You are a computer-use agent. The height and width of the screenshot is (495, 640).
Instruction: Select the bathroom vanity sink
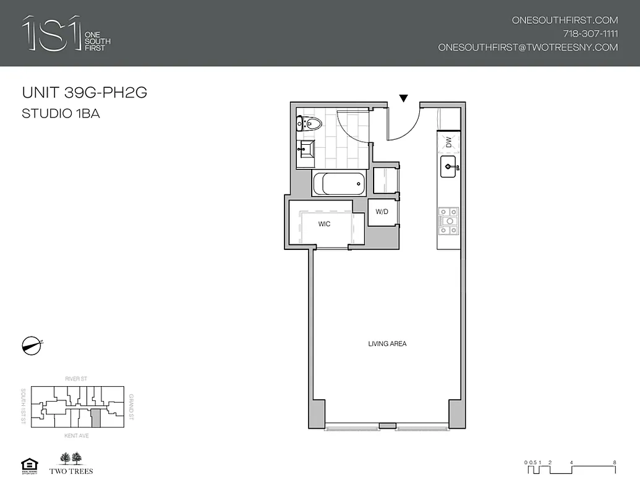coord(306,149)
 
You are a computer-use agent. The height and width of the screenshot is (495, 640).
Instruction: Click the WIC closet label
coord(325,224)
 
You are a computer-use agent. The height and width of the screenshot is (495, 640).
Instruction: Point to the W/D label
coord(382,212)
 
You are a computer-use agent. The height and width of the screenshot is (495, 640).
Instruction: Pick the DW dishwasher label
coord(449,142)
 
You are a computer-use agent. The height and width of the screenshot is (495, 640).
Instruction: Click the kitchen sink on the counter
coord(448,166)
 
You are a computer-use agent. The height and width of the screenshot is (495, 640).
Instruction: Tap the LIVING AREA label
coord(387,344)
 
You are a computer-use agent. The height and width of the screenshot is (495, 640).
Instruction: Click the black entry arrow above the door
coord(404,98)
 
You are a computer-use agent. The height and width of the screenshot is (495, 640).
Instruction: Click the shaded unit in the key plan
coord(96,418)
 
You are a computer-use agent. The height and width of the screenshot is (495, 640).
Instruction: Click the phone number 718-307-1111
coord(590,33)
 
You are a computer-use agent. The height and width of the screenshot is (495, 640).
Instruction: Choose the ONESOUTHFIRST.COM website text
coord(565,20)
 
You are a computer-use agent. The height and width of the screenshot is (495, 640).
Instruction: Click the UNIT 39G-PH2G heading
coord(84,93)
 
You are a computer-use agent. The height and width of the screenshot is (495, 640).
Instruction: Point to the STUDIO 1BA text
coord(61,113)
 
